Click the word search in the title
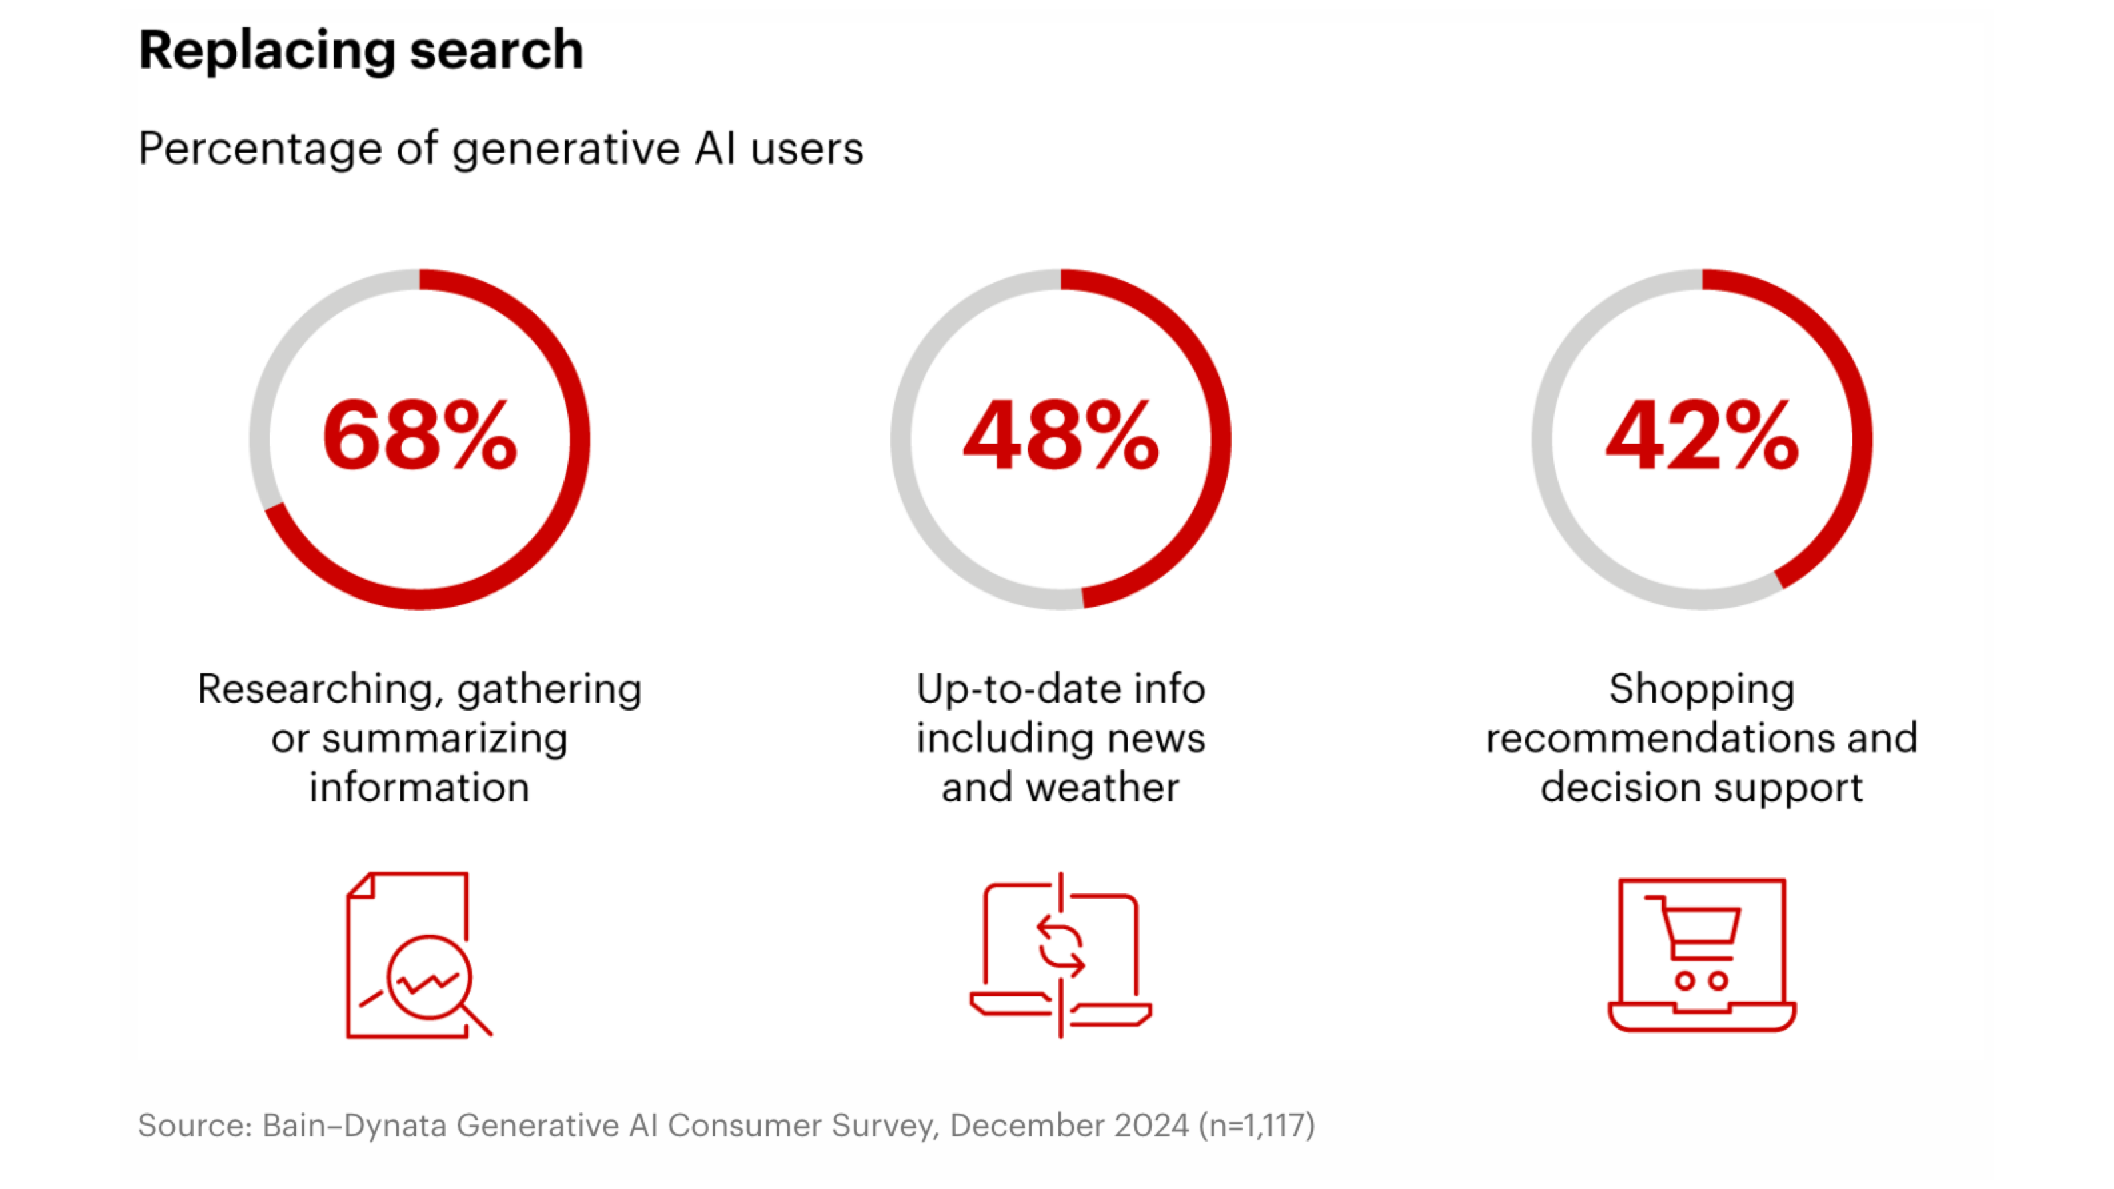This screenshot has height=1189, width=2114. click(x=496, y=51)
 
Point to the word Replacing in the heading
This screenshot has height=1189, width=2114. click(x=268, y=51)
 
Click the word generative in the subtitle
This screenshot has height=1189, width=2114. click(x=567, y=149)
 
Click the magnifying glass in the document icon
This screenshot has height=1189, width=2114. click(x=428, y=978)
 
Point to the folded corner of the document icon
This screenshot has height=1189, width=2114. click(x=361, y=886)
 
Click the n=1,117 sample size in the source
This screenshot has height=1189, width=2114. click(x=1257, y=1125)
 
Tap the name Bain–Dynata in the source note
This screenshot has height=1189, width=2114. click(x=356, y=1125)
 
